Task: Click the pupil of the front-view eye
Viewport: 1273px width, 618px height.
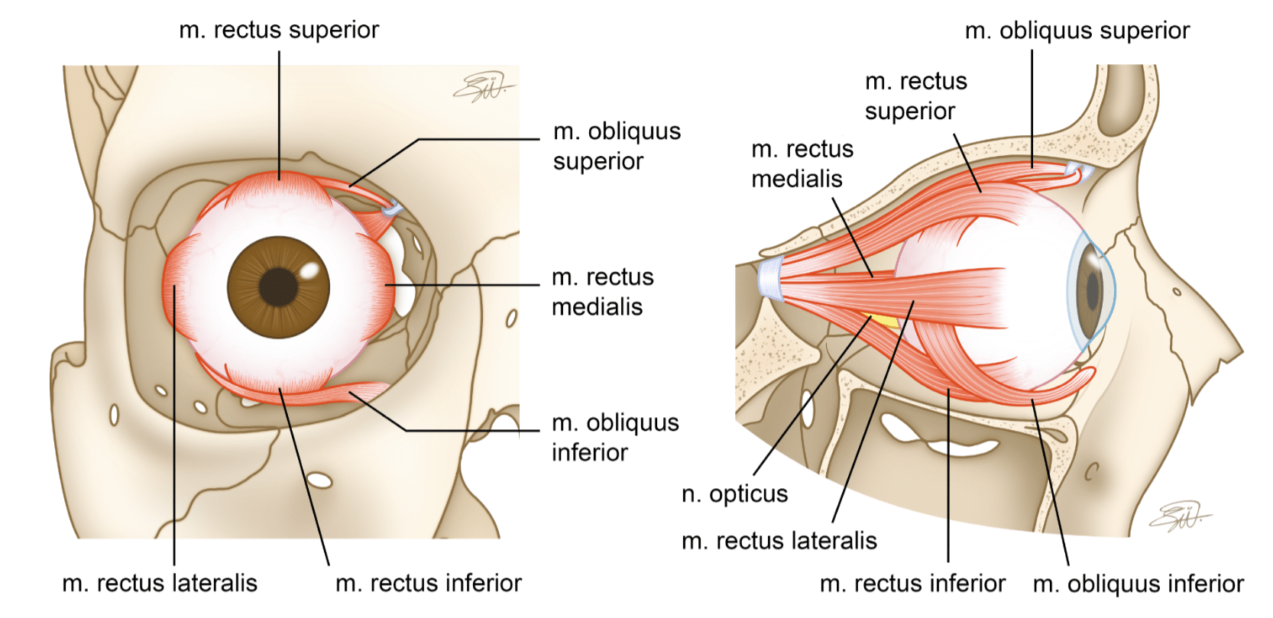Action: tap(278, 286)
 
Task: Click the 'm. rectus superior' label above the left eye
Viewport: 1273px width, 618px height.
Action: tap(279, 30)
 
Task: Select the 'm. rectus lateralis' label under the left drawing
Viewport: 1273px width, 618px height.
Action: tap(160, 583)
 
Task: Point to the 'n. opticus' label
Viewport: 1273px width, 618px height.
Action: tap(734, 494)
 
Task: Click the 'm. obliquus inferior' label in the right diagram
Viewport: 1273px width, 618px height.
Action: tap(1138, 584)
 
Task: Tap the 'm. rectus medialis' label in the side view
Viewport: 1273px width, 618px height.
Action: tap(802, 163)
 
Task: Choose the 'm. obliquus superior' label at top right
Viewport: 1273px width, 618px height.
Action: tap(1077, 31)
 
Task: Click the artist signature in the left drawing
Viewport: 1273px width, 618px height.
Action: tap(483, 88)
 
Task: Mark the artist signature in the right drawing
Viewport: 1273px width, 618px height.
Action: tap(1179, 517)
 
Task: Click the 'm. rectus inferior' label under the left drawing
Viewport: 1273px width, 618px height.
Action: tap(429, 583)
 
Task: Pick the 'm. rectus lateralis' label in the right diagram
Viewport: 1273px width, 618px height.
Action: tap(779, 541)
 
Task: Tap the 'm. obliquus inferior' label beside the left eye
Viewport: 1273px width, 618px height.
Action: tap(615, 437)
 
